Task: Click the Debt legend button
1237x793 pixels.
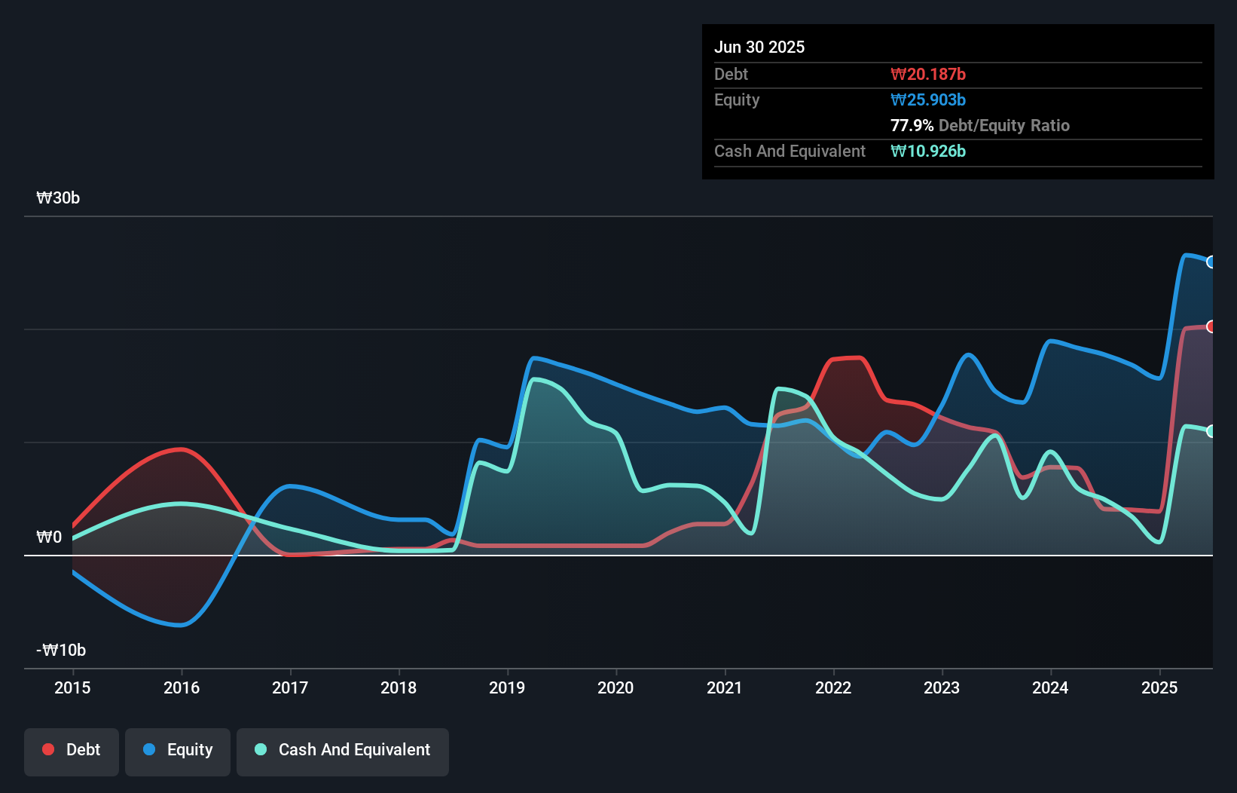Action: coord(72,750)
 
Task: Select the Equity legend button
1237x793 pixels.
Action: coord(178,750)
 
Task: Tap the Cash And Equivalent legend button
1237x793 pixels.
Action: coord(343,750)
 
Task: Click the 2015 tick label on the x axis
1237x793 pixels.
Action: coord(72,687)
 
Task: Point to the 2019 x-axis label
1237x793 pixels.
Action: coord(507,687)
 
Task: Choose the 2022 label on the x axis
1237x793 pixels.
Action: coord(833,687)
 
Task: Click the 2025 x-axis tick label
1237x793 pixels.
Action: coord(1159,687)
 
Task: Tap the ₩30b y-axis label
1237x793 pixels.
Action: coord(58,198)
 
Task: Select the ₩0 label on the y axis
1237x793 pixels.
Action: coord(49,537)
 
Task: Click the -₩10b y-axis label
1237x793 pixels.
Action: coord(61,651)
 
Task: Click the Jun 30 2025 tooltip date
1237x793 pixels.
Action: coord(759,47)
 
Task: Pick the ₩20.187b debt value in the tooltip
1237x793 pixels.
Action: coord(928,75)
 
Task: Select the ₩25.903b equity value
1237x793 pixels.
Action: coord(928,100)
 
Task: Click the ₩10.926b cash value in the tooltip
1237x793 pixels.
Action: coord(928,152)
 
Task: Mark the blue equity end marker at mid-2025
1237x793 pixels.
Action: coord(1211,262)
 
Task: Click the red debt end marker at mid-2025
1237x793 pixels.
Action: coord(1211,326)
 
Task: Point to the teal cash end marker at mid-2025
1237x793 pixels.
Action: coord(1211,431)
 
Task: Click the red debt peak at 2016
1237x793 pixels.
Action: coord(181,449)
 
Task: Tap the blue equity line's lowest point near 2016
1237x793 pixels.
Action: coord(181,625)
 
